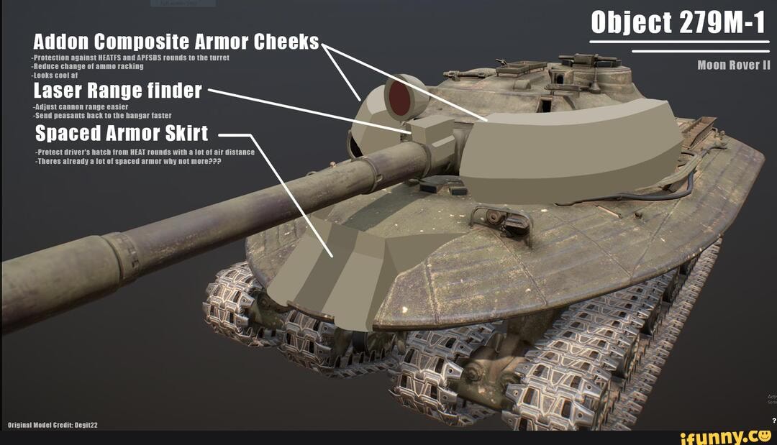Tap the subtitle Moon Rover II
(733, 65)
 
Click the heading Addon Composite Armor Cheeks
(176, 42)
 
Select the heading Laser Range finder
(118, 91)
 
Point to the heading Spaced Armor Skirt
(122, 134)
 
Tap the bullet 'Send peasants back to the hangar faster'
(102, 115)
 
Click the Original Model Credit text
(53, 425)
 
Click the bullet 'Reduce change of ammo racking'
(88, 65)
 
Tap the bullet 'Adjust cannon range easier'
(81, 106)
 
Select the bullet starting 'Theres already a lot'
(128, 162)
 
